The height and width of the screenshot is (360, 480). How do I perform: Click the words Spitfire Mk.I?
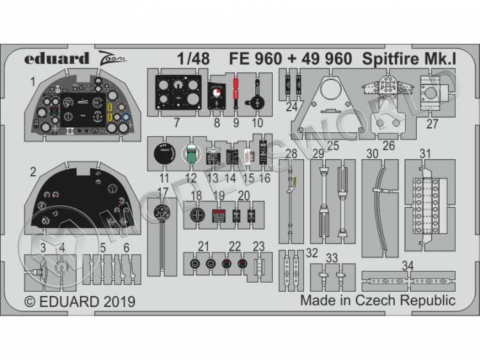click(406, 59)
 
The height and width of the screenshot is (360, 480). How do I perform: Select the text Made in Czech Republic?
click(378, 301)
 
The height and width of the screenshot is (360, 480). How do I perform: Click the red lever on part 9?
click(236, 86)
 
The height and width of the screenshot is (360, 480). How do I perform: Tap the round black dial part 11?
click(164, 154)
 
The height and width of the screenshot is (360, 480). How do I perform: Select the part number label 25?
click(333, 146)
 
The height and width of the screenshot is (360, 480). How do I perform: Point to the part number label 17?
click(163, 191)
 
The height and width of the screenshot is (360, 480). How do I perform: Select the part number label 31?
click(425, 153)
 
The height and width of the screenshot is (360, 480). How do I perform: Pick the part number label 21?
click(204, 246)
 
